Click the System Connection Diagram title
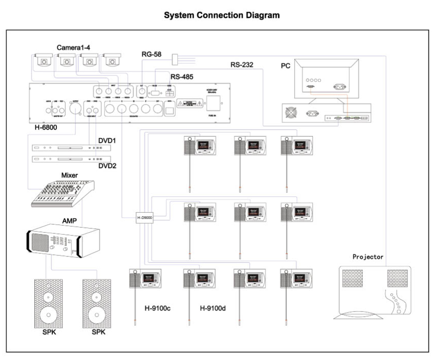pos(221,15)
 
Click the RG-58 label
pos(151,54)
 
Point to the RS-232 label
pos(242,64)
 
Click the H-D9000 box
pos(144,218)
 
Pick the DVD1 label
pos(107,141)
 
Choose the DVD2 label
pos(107,166)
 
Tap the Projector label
pos(368,257)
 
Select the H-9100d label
pos(213,308)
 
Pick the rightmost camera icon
pos(114,61)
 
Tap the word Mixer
pos(69,175)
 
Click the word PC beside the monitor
pos(286,66)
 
